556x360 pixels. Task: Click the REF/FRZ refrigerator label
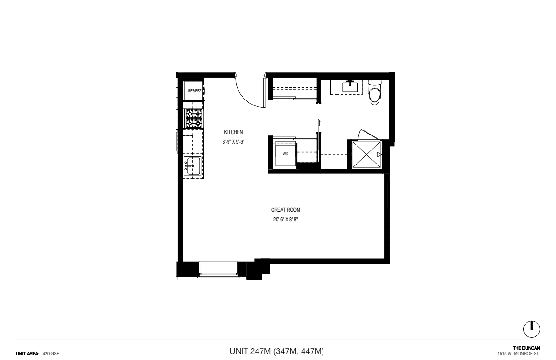[x=194, y=91]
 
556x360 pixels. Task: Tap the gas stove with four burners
[x=194, y=119]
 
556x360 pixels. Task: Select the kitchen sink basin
[x=193, y=166]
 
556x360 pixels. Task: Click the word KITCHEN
[x=233, y=132]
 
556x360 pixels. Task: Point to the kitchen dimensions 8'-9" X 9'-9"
[x=233, y=142]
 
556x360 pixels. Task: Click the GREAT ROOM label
[x=285, y=210]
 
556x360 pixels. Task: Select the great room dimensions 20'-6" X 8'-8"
[x=285, y=220]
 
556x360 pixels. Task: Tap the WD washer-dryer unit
[x=286, y=154]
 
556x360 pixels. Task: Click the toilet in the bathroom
[x=374, y=92]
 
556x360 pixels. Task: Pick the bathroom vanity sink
[x=350, y=87]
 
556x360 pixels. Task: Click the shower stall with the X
[x=367, y=154]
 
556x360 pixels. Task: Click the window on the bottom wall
[x=218, y=270]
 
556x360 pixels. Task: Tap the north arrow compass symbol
[x=531, y=329]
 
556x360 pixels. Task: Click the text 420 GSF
[x=51, y=354]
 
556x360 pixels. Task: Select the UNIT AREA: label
[x=28, y=354]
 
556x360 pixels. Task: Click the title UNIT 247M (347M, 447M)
[x=277, y=351]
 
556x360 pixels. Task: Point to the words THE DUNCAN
[x=526, y=348]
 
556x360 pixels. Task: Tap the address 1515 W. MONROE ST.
[x=519, y=354]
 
